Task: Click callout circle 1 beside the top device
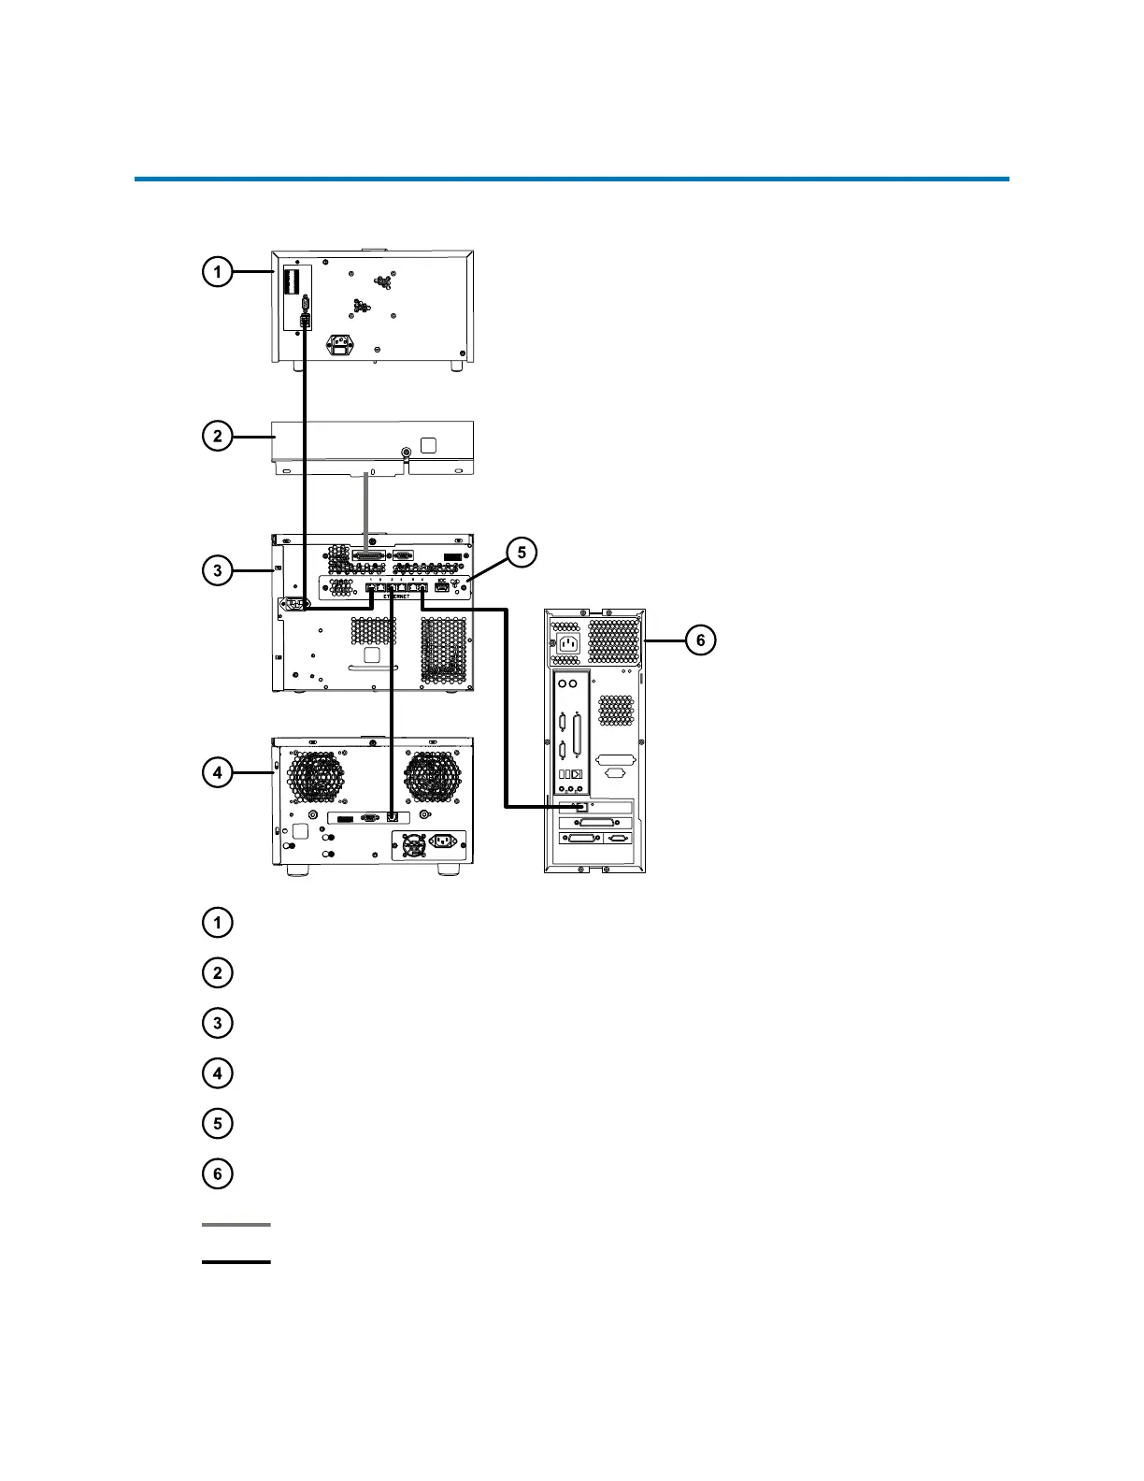click(x=217, y=272)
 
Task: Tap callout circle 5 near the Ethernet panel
click(x=522, y=553)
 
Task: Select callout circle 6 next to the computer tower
click(x=700, y=640)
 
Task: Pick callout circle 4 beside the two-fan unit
click(x=217, y=772)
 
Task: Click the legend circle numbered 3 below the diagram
click(x=217, y=1023)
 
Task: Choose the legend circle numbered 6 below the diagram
click(x=217, y=1173)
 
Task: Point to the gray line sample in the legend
click(x=236, y=1224)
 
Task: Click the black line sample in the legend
click(x=236, y=1262)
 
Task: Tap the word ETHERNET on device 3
click(x=397, y=597)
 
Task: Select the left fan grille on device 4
click(x=314, y=778)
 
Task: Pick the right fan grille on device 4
click(x=433, y=778)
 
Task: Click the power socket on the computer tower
click(x=567, y=642)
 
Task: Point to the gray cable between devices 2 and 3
click(x=365, y=505)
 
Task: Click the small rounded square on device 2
click(x=428, y=445)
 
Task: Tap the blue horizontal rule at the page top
click(x=571, y=178)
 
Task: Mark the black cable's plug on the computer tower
click(x=581, y=807)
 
